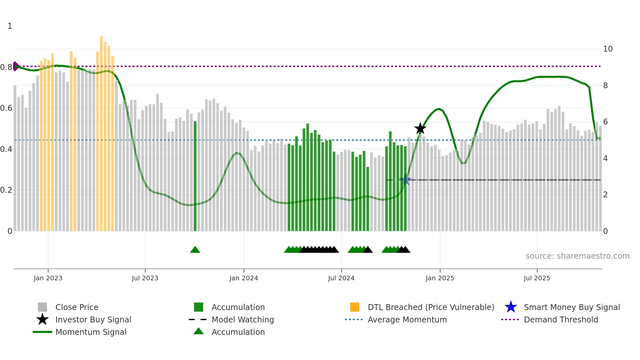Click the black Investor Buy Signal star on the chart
point(420,129)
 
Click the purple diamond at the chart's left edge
point(15,66)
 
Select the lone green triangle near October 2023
point(195,250)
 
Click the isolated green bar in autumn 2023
point(195,176)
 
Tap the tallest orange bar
point(101,131)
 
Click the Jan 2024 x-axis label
point(244,278)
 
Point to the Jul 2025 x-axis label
point(537,278)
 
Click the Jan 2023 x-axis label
point(48,278)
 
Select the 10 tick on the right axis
point(608,49)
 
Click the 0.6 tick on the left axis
point(6,108)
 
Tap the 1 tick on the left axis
point(10,26)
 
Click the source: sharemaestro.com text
point(577,256)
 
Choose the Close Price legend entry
point(77,307)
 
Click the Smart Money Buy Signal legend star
point(511,307)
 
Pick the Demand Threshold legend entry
point(561,320)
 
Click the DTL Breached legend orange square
point(355,307)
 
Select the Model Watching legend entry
point(242,320)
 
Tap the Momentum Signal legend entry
point(91,332)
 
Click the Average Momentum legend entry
point(407,320)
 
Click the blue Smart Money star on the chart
point(405,180)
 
